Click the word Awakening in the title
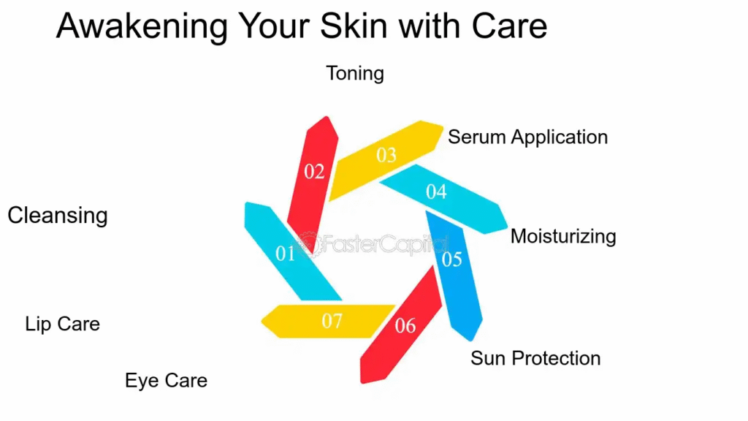coord(142,27)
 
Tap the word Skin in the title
coord(354,26)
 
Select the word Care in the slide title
coord(509,26)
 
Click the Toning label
coord(355,74)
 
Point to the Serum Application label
coord(528,137)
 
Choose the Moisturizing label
coord(563,237)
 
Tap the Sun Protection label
coord(535,358)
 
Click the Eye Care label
coord(166,381)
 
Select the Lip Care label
coord(63,324)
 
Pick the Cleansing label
coord(58,216)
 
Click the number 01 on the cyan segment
coord(286,254)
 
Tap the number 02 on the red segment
coord(314,171)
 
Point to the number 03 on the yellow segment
coord(386,155)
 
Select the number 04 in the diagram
coord(437,192)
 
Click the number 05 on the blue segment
coord(451,259)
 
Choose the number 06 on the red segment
coord(405,325)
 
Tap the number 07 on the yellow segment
coord(332,321)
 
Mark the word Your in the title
coord(274,26)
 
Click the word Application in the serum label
coord(560,137)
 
